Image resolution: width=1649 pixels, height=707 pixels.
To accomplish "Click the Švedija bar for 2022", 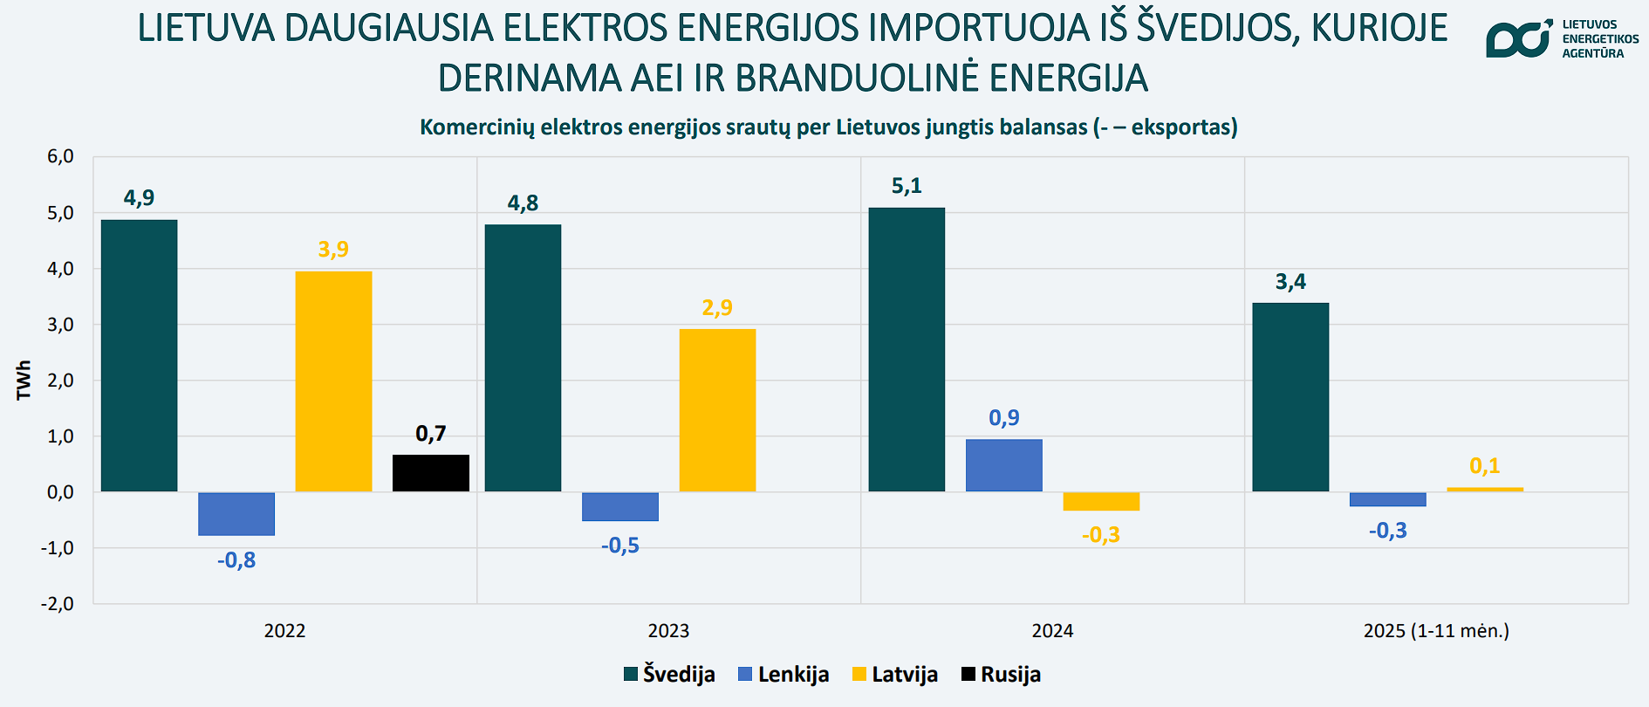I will (x=139, y=355).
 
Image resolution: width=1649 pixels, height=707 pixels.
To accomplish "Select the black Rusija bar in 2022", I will (x=430, y=473).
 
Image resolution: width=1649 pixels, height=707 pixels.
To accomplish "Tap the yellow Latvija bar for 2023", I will (x=717, y=410).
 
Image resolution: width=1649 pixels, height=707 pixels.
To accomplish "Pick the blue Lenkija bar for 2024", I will (x=1003, y=465).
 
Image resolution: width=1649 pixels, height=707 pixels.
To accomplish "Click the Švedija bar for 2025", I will (x=1290, y=397).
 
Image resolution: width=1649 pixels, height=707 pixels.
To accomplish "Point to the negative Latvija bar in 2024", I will (x=1101, y=501).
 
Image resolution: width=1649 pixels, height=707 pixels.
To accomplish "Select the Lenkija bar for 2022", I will (x=236, y=513).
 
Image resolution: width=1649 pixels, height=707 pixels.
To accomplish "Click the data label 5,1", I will (x=907, y=186).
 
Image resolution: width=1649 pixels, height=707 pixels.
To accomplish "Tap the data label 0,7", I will (x=430, y=434).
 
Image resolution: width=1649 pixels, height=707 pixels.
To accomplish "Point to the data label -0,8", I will (x=236, y=560).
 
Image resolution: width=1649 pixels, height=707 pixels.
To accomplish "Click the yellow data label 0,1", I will (x=1484, y=466).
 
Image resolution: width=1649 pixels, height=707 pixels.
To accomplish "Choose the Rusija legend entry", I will (x=1001, y=675).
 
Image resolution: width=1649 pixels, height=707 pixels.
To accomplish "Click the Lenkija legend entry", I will (x=783, y=675).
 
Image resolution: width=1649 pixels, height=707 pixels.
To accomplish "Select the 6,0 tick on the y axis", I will (x=60, y=157).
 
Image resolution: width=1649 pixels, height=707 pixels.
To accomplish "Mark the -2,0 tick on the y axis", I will (x=58, y=604).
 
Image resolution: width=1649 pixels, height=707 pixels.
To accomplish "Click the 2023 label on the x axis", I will (x=668, y=631).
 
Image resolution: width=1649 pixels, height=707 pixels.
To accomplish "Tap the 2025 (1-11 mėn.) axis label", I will (x=1436, y=631).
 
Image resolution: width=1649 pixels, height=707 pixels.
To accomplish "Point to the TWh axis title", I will (x=24, y=381).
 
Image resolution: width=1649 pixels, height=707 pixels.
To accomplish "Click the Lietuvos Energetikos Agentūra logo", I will (x=1561, y=39).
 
